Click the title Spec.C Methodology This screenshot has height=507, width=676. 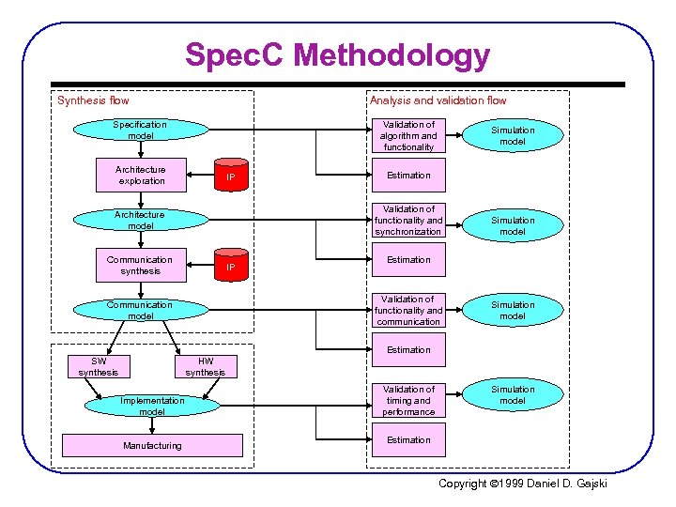pos(337,55)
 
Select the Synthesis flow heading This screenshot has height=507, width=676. pos(93,100)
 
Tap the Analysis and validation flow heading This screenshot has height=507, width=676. pos(438,100)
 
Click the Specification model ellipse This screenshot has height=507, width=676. pos(140,131)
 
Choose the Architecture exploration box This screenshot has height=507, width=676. pos(140,176)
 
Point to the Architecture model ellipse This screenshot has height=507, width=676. pos(140,220)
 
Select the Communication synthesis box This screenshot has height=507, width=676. pos(140,266)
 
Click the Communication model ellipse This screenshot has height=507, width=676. pos(140,310)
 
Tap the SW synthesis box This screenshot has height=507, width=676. pos(99,367)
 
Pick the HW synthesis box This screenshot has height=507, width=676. pos(206,367)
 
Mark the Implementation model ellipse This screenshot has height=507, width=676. pos(152,406)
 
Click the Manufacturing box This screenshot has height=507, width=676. pos(152,445)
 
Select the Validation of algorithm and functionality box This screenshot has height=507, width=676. pos(408,135)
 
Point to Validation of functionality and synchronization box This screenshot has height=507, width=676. pos(408,221)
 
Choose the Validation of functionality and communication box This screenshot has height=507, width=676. pos(408,311)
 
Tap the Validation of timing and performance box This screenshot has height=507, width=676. pos(408,401)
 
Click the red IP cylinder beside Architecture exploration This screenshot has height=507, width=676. pos(230,177)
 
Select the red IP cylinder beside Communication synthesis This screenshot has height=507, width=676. pos(230,266)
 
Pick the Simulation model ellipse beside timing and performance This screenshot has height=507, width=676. pos(513,395)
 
